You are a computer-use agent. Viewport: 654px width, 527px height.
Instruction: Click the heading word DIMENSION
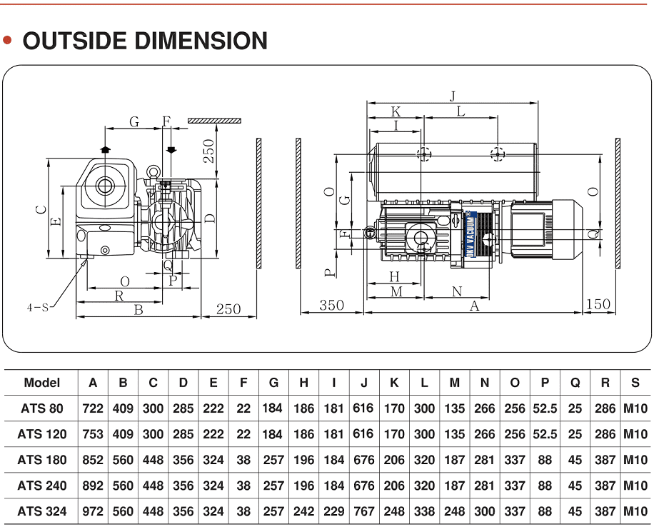coord(201,41)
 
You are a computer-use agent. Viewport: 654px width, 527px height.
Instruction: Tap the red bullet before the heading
coord(7,41)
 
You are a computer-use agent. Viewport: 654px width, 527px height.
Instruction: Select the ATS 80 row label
coord(41,408)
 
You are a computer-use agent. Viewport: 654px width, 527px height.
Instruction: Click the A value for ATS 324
coord(93,511)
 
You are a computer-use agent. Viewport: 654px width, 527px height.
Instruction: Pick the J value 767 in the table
coord(363,511)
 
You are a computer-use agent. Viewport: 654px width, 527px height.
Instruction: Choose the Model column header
coord(41,383)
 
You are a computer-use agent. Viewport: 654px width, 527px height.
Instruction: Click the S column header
coord(635,383)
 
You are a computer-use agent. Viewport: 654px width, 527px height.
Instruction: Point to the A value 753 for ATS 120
coord(93,434)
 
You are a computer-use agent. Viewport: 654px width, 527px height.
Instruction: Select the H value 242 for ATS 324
coord(303,511)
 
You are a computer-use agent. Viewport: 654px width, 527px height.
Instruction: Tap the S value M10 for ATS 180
coord(635,460)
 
